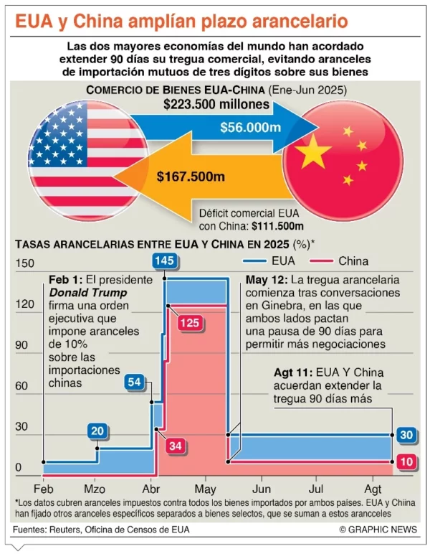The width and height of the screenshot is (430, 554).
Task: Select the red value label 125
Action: [189, 323]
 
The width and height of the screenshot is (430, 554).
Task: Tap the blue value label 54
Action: [134, 382]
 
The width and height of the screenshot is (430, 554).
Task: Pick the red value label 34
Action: [175, 446]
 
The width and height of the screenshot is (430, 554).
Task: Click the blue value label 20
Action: [97, 431]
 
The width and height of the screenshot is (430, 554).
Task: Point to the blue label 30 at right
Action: [406, 435]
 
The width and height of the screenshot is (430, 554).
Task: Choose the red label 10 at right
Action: [406, 461]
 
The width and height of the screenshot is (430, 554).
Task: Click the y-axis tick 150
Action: [25, 263]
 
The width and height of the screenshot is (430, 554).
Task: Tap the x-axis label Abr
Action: [151, 482]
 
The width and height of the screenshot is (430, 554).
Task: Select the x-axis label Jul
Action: [316, 482]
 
